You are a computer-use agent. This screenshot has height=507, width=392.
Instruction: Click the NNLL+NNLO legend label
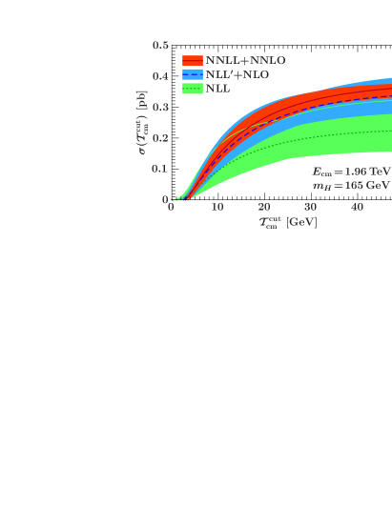pyautogui.click(x=245, y=60)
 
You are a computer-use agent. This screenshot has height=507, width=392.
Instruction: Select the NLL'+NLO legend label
pyautogui.click(x=237, y=74)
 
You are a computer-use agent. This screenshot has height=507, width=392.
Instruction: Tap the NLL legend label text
pyautogui.click(x=217, y=89)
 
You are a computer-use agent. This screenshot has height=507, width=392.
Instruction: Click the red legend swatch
pyautogui.click(x=193, y=60)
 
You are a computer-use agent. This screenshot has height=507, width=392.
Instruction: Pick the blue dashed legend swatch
pyautogui.click(x=193, y=74)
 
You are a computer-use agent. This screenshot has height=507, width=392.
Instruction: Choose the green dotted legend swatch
pyautogui.click(x=193, y=89)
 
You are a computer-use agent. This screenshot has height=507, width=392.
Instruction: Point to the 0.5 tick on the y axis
pyautogui.click(x=160, y=45)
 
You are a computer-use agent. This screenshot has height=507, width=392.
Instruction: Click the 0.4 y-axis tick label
pyautogui.click(x=160, y=76)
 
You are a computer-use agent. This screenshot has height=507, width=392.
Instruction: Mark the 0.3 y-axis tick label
pyautogui.click(x=160, y=107)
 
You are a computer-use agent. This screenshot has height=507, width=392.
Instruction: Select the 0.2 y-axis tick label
pyautogui.click(x=160, y=138)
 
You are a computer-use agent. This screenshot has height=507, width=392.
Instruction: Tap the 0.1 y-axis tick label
pyautogui.click(x=160, y=169)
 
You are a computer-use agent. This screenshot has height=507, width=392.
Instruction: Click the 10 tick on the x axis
pyautogui.click(x=217, y=208)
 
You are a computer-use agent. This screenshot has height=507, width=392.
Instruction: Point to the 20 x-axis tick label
pyautogui.click(x=264, y=208)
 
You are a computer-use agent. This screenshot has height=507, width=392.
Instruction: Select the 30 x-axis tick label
pyautogui.click(x=310, y=208)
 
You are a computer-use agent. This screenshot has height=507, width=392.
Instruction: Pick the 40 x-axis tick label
pyautogui.click(x=357, y=208)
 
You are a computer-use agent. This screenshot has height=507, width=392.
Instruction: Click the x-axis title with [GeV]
pyautogui.click(x=287, y=222)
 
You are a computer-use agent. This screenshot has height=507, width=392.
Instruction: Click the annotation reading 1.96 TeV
pyautogui.click(x=351, y=172)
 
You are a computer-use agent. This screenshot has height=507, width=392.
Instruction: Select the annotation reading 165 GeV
pyautogui.click(x=351, y=185)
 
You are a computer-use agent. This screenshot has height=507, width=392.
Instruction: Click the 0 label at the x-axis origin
pyautogui.click(x=171, y=208)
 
